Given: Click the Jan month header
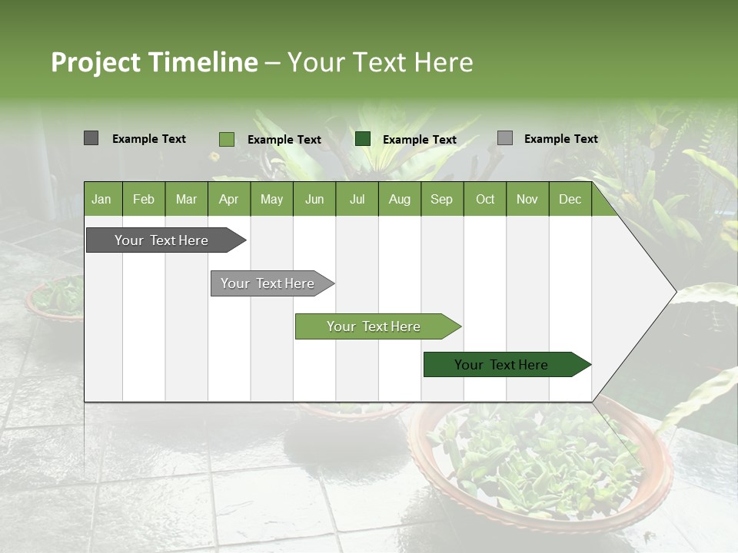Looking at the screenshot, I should tap(101, 199).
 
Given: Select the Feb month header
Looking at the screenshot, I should tap(144, 199).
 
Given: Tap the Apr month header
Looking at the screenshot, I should tap(228, 199).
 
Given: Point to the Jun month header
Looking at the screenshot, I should tap(314, 199).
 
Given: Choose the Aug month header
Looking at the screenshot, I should tap(399, 199).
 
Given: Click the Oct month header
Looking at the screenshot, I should tap(485, 199).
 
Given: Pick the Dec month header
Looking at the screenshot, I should tap(570, 199).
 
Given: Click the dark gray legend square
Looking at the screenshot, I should tap(91, 138).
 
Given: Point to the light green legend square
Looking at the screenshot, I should tap(226, 139).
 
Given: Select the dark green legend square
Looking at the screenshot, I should tap(363, 139).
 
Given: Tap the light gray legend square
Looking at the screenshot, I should tap(504, 138).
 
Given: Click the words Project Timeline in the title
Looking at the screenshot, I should tap(155, 62).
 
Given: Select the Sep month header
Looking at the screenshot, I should tap(441, 199).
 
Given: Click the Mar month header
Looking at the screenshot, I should tap(186, 199).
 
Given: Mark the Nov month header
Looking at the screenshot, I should tap(527, 199).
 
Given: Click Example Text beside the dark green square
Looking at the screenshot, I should tap(419, 140).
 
